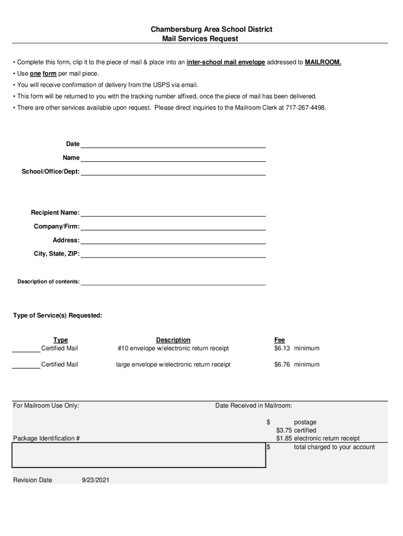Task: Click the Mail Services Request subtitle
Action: pyautogui.click(x=200, y=39)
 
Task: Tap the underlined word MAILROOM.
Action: pyautogui.click(x=323, y=62)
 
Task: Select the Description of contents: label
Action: pyautogui.click(x=49, y=282)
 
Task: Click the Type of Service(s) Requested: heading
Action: pyautogui.click(x=58, y=316)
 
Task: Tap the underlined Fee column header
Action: pyautogui.click(x=279, y=340)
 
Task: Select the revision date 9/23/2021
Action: pyautogui.click(x=95, y=481)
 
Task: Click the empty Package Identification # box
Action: pyautogui.click(x=139, y=455)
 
